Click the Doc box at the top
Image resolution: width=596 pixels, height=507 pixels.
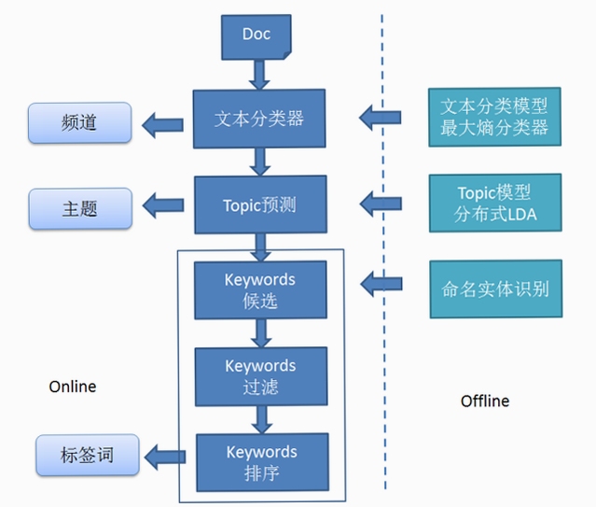pyautogui.click(x=256, y=37)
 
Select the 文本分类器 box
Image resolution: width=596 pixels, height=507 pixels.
pyautogui.click(x=259, y=119)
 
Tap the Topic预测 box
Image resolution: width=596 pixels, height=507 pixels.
pyautogui.click(x=260, y=204)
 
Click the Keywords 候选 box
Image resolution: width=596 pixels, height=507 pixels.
pyautogui.click(x=260, y=290)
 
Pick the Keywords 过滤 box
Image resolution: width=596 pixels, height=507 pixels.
pyautogui.click(x=261, y=376)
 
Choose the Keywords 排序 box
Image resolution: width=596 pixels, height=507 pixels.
pyautogui.click(x=262, y=462)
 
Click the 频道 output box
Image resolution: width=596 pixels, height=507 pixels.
pyautogui.click(x=80, y=123)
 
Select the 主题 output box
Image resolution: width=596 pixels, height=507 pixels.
pyautogui.click(x=80, y=208)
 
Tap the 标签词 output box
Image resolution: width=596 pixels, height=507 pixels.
pyautogui.click(x=88, y=455)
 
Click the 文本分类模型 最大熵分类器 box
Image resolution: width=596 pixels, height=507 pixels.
pyautogui.click(x=494, y=117)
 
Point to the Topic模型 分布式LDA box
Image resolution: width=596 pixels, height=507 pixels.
pyautogui.click(x=495, y=203)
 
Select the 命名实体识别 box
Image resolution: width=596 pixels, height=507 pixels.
pyautogui.click(x=496, y=289)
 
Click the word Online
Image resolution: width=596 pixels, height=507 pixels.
pyautogui.click(x=73, y=387)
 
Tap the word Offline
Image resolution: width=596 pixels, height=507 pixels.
pyautogui.click(x=485, y=401)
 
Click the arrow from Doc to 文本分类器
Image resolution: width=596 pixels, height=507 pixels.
pyautogui.click(x=259, y=75)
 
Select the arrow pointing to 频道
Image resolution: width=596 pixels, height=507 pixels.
pyautogui.click(x=162, y=125)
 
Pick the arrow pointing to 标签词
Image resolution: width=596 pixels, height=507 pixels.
pyautogui.click(x=165, y=457)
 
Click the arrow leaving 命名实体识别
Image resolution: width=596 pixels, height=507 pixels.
pyautogui.click(x=381, y=284)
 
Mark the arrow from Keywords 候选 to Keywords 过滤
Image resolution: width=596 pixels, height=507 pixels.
pyautogui.click(x=261, y=333)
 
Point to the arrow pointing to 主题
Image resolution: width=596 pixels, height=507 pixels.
pyautogui.click(x=163, y=205)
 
